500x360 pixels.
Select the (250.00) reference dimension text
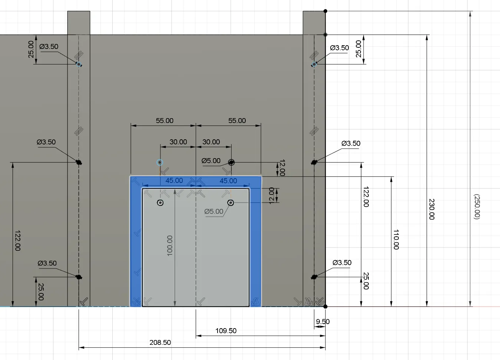click(477, 206)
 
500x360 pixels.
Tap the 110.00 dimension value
click(396, 239)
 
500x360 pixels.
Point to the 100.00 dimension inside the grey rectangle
click(170, 245)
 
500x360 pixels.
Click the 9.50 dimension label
click(322, 321)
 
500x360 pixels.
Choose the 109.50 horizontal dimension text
click(226, 331)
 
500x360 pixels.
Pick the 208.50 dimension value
click(160, 343)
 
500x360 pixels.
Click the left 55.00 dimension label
click(165, 121)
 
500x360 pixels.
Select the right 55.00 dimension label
click(237, 121)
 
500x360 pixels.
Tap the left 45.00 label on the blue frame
click(174, 181)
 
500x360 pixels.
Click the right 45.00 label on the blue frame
click(228, 181)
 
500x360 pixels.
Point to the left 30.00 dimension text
click(178, 142)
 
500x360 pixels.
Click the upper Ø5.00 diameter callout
click(211, 161)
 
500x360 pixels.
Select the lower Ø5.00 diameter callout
click(214, 211)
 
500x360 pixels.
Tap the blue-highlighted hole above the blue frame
click(160, 163)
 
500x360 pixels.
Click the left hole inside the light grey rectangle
click(160, 203)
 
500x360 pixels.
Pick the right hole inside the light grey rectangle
click(231, 203)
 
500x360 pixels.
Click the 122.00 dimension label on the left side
click(17, 240)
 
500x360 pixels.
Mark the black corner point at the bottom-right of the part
click(325, 307)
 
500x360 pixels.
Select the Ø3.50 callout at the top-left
click(49, 47)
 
